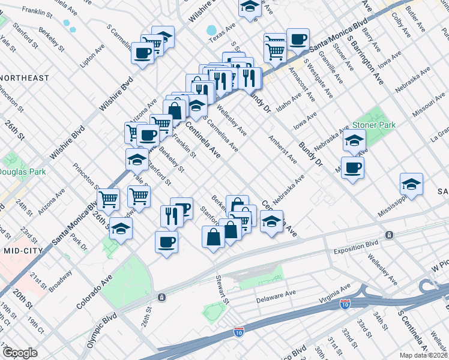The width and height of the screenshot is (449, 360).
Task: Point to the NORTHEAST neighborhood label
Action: (25, 78)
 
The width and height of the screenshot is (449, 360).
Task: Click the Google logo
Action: (20, 352)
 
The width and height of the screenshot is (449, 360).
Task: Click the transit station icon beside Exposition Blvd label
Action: (390, 235)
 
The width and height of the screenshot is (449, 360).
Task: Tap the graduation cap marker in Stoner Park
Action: (354, 142)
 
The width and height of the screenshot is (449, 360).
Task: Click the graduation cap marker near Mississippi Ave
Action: (411, 184)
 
